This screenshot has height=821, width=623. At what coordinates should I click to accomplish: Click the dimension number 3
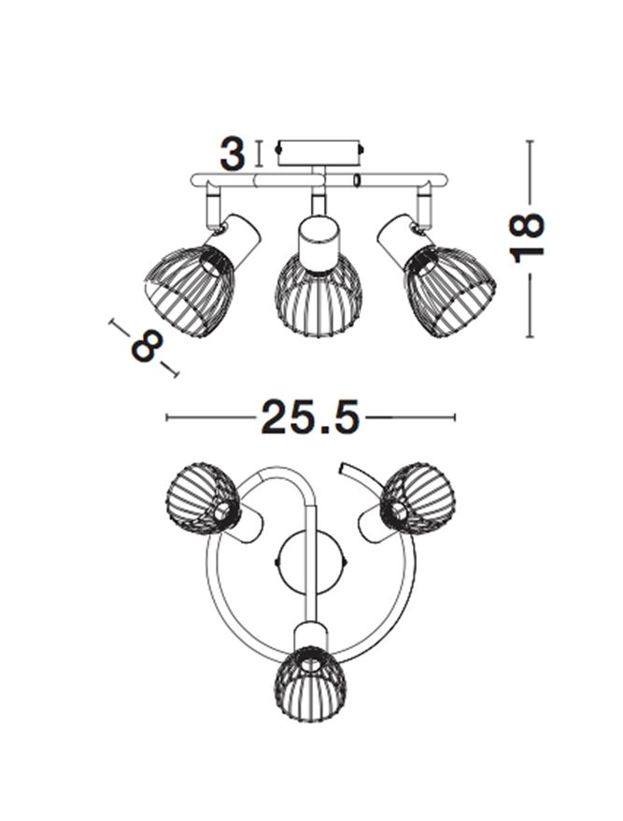pyautogui.click(x=232, y=154)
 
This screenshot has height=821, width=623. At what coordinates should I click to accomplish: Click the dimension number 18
pyautogui.click(x=527, y=238)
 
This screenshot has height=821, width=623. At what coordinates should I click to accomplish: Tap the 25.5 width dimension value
pyautogui.click(x=310, y=418)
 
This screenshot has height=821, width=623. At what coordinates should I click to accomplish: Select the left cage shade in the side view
pyautogui.click(x=190, y=290)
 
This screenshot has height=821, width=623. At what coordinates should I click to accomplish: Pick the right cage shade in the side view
pyautogui.click(x=450, y=290)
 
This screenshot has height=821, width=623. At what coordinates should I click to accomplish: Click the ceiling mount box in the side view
pyautogui.click(x=319, y=152)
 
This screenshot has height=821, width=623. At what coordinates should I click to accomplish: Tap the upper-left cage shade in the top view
pyautogui.click(x=203, y=498)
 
